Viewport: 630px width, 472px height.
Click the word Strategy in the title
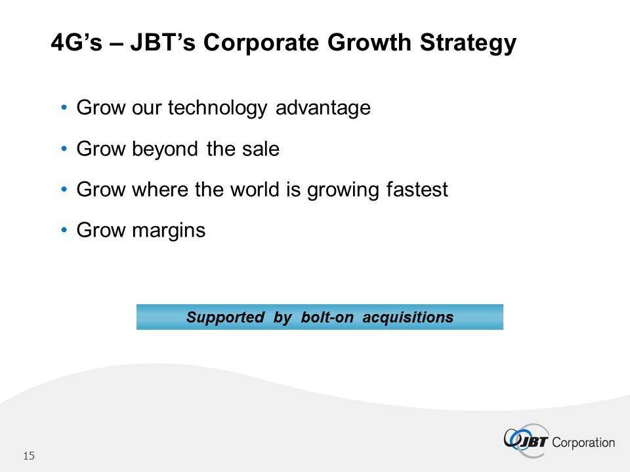click(x=468, y=43)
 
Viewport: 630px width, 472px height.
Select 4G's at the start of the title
click(x=76, y=42)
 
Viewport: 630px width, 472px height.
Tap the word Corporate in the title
click(x=261, y=43)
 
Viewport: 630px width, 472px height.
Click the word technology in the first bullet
click(x=217, y=108)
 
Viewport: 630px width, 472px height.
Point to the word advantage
click(x=323, y=108)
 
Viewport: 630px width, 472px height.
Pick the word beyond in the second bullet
click(x=165, y=149)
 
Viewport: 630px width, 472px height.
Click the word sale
click(x=261, y=149)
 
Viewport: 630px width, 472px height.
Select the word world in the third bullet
click(x=255, y=189)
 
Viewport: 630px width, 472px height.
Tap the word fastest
click(x=417, y=189)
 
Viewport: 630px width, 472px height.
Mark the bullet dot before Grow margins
click(x=64, y=230)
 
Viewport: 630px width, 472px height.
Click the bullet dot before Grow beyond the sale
click(x=64, y=149)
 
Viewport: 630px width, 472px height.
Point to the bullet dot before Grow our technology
click(x=64, y=108)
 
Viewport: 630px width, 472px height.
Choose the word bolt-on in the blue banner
click(x=327, y=317)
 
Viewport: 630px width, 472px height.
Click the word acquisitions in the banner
click(x=408, y=317)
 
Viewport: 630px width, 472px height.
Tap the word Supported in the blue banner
click(x=225, y=317)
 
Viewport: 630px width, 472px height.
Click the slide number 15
click(x=29, y=456)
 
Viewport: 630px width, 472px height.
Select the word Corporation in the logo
click(x=583, y=442)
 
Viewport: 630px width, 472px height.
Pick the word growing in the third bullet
click(x=343, y=190)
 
